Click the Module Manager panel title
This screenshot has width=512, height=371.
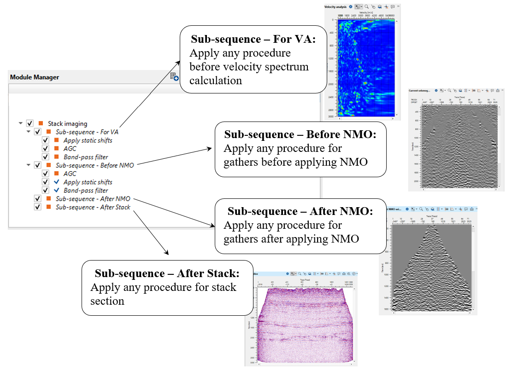35,77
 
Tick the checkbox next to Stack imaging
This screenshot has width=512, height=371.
30,123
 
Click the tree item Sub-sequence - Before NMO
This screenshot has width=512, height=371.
95,165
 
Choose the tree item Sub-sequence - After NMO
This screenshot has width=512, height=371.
93,199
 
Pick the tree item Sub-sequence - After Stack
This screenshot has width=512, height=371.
93,207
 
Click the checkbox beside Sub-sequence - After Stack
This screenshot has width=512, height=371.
37,207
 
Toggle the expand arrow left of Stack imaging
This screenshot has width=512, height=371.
20,123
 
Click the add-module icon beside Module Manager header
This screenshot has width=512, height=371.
174,77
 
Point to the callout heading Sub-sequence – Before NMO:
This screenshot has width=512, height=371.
300,135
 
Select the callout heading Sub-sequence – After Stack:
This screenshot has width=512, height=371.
167,273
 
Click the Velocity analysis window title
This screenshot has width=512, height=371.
335,7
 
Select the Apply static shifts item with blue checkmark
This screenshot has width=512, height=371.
88,182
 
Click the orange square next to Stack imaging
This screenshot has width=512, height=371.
41,123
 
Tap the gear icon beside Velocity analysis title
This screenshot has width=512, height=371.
351,7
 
